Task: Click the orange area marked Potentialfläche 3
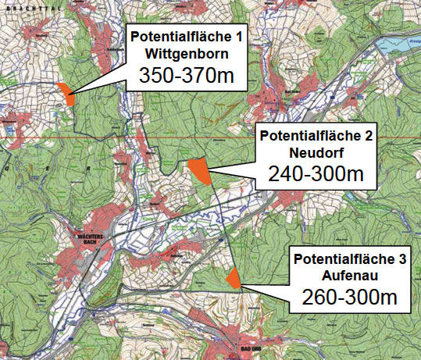click(x=233, y=277)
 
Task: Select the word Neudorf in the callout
click(x=316, y=151)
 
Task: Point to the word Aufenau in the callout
click(x=349, y=276)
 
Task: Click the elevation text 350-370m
click(x=186, y=75)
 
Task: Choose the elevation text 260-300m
click(x=349, y=298)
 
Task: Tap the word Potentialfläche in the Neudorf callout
click(x=310, y=136)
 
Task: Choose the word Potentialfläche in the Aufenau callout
click(x=344, y=259)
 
